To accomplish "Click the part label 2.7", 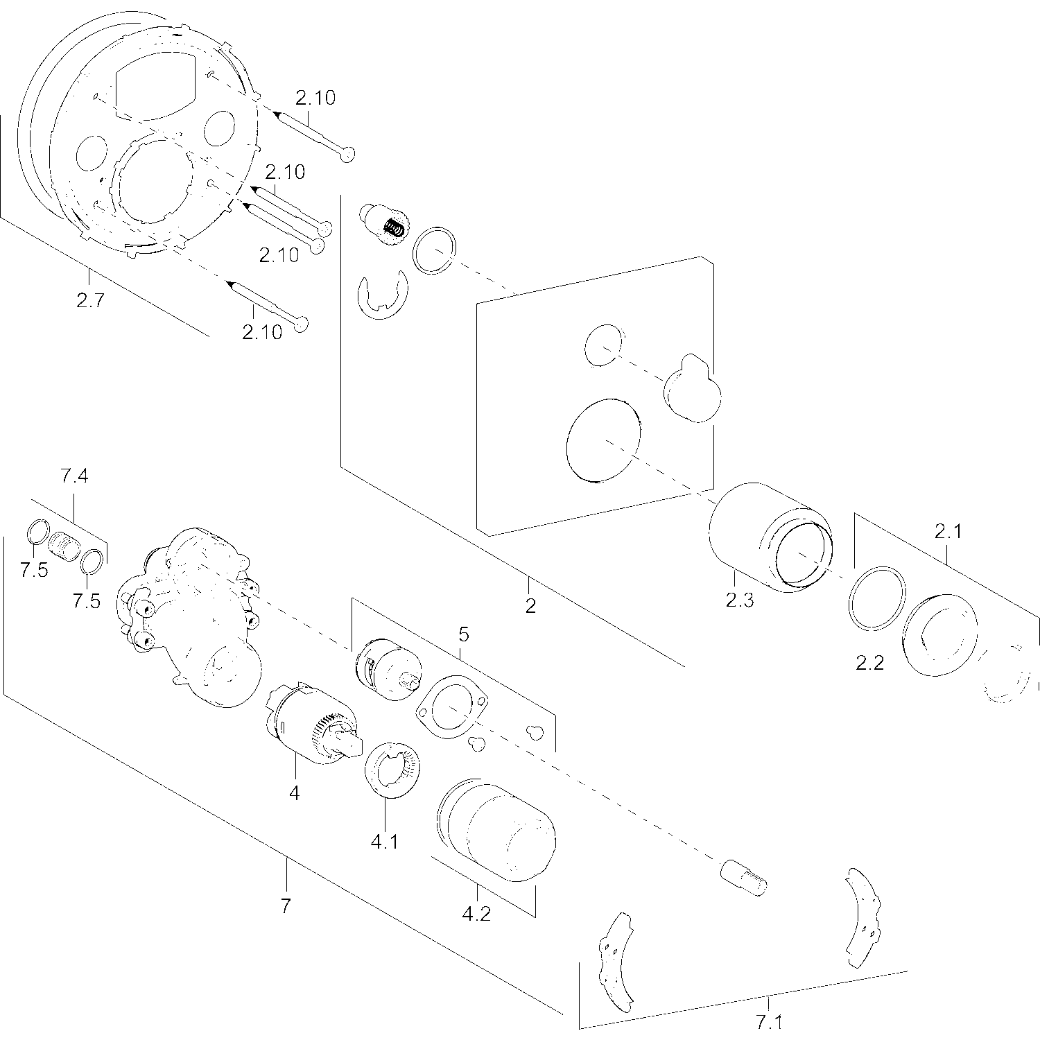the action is coord(90,302).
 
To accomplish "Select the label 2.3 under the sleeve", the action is coord(739,600).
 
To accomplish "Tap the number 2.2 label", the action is coord(869,664).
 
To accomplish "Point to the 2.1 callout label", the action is coord(948,532).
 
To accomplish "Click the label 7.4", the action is coord(74,476).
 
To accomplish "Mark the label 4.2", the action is coord(476,914).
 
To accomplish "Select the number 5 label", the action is coord(464,634).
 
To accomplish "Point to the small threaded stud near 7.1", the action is coord(745,877).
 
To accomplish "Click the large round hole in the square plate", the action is coord(603,440).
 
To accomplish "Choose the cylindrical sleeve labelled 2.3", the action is coord(770,538).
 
